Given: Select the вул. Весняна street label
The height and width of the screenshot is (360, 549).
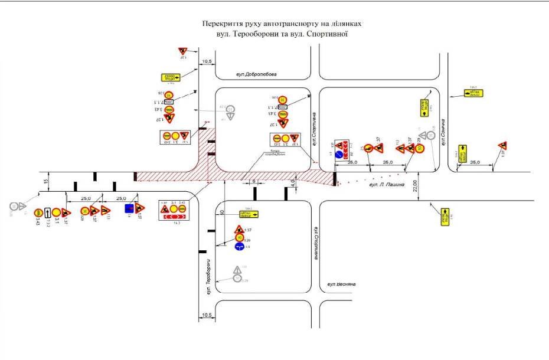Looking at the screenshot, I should [x=342, y=284].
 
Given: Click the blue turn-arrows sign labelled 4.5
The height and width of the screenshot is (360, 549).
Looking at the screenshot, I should [x=239, y=247].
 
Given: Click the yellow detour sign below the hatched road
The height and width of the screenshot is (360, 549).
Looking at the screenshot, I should [x=249, y=214].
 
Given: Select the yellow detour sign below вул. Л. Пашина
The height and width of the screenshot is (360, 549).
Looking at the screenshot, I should [x=445, y=216].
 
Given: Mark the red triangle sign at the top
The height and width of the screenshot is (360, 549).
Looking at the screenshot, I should [x=182, y=52].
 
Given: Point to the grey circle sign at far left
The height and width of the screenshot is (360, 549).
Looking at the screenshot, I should [x=13, y=206].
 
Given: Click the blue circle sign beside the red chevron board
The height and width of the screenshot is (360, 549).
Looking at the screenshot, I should [x=339, y=155].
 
